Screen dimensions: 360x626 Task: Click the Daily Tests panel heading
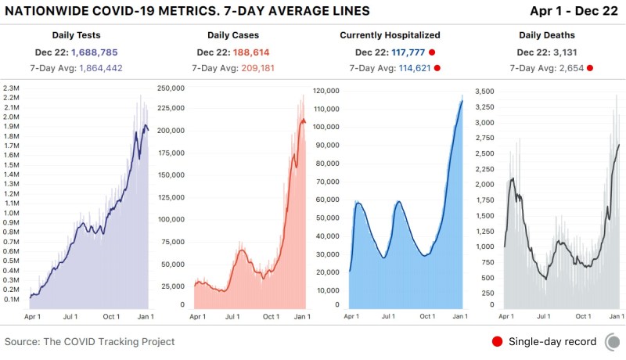click(x=76, y=35)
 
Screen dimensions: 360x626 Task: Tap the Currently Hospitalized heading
click(x=390, y=35)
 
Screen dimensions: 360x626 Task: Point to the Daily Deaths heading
click(x=547, y=35)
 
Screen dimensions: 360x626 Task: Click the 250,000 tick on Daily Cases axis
click(x=171, y=88)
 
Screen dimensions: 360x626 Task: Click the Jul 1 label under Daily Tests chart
click(x=71, y=316)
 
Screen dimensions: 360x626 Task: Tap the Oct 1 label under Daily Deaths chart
click(x=582, y=316)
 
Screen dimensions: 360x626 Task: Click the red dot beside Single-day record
click(x=496, y=341)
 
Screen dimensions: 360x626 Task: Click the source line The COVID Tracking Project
click(x=90, y=342)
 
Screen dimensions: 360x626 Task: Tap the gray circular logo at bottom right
click(x=614, y=341)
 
